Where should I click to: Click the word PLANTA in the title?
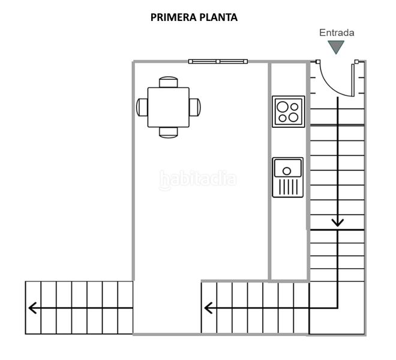click(219, 17)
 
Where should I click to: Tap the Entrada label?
click(337, 32)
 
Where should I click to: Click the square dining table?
click(169, 107)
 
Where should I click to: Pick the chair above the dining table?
click(169, 82)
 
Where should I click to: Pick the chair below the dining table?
click(169, 133)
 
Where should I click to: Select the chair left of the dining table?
click(142, 107)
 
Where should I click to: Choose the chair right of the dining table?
click(195, 107)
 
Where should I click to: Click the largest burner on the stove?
click(282, 107)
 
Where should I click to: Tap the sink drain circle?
click(287, 171)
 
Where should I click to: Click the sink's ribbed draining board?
click(288, 187)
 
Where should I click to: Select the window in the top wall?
click(218, 61)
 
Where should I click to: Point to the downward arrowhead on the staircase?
click(338, 223)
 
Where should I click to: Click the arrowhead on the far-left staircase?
click(32, 308)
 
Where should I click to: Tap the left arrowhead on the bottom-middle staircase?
click(209, 308)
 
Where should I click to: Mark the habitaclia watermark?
click(198, 179)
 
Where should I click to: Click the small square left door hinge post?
click(318, 61)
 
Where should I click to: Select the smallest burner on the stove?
click(283, 118)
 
